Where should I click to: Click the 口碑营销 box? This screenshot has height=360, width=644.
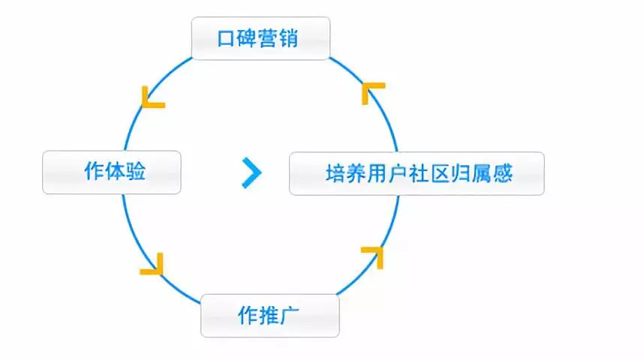[x=260, y=38]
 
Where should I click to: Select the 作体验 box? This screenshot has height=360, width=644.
[x=112, y=172]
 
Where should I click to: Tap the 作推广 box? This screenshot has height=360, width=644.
[x=269, y=316]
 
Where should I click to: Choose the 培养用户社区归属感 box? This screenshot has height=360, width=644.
[x=417, y=173]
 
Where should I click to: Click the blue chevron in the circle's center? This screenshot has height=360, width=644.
[x=252, y=173]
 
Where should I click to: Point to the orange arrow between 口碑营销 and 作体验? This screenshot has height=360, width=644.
[x=152, y=97]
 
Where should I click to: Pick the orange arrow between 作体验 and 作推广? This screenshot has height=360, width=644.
[x=152, y=265]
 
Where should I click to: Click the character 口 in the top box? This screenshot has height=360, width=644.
[x=227, y=38]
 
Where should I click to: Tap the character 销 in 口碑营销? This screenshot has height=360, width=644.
[x=288, y=38]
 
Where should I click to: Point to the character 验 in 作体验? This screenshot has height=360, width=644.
[x=134, y=172]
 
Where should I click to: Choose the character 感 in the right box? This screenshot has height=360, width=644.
[x=502, y=174]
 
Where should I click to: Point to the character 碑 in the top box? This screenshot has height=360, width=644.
[x=248, y=38]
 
